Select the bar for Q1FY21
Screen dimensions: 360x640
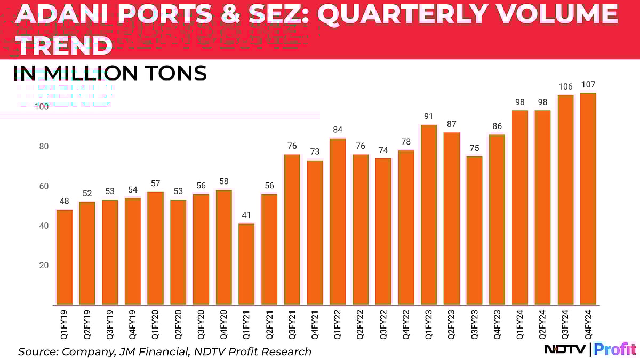click(x=246, y=264)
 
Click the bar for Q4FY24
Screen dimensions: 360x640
click(x=588, y=199)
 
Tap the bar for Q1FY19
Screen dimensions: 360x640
click(x=64, y=257)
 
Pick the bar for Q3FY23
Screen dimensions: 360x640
click(x=474, y=230)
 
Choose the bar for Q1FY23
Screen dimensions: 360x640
click(x=429, y=214)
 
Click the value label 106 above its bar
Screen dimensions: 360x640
click(x=565, y=87)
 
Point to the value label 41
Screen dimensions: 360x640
click(x=246, y=216)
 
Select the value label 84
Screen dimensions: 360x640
click(x=338, y=130)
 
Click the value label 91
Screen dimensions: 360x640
click(x=429, y=117)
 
